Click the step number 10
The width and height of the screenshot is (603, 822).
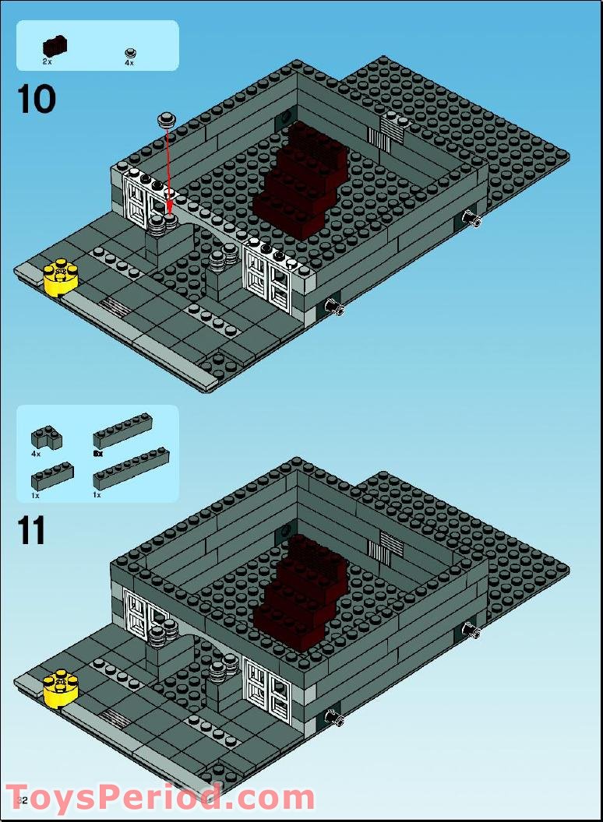point(37,100)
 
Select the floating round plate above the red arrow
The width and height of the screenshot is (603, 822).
point(165,119)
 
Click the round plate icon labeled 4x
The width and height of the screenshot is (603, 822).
point(130,53)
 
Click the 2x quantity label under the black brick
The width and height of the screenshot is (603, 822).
point(48,61)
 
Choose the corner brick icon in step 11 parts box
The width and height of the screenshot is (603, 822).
point(47,437)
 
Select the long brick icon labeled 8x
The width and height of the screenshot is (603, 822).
point(122,429)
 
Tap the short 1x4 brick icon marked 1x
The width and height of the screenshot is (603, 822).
point(52,475)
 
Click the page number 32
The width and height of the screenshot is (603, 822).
point(22,800)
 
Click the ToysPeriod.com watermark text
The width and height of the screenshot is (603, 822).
point(160,799)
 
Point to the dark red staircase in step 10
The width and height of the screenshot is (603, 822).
point(298,180)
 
